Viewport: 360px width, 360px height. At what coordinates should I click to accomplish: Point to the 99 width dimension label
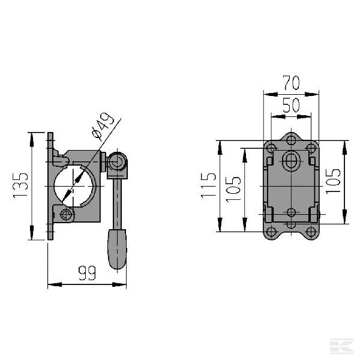[88, 274]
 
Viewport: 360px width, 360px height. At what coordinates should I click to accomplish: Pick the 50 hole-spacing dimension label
[291, 105]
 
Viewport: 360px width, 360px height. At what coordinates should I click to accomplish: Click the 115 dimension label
[209, 187]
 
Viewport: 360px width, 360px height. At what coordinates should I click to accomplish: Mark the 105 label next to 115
[234, 188]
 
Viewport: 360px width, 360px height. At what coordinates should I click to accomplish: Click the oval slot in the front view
[292, 161]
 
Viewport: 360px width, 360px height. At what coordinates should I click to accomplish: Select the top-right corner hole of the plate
[311, 148]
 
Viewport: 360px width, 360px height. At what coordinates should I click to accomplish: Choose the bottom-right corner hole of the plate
[311, 232]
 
